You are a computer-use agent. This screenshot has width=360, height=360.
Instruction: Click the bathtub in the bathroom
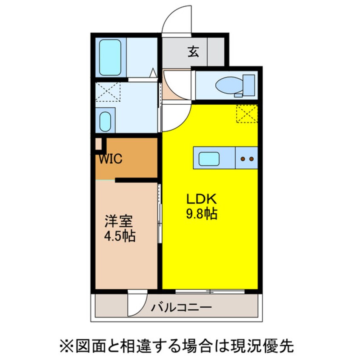(x=110, y=57)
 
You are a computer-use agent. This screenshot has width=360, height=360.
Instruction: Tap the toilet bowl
(x=229, y=86)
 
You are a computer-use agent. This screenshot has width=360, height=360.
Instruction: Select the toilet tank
(x=249, y=85)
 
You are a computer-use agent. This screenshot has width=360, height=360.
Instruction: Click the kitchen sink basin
(x=209, y=159)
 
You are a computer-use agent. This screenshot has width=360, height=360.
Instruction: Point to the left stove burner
(x=242, y=159)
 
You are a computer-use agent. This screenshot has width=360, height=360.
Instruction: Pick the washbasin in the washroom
(x=106, y=122)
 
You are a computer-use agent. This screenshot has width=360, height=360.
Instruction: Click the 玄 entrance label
(x=193, y=51)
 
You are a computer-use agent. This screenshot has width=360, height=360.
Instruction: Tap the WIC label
(x=111, y=159)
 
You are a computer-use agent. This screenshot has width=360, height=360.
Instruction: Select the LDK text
(x=201, y=199)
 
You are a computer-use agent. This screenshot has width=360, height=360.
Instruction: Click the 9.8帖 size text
(x=201, y=214)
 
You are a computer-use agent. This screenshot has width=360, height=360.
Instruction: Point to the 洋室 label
(x=119, y=221)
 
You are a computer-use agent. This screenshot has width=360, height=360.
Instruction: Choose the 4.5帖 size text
(x=120, y=236)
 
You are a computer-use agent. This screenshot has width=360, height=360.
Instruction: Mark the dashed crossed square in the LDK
(x=247, y=114)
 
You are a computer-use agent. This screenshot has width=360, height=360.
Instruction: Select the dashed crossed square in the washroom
(x=108, y=92)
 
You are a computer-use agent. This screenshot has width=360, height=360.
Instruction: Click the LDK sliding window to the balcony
(x=210, y=292)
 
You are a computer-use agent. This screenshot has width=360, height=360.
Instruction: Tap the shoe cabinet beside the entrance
(x=216, y=51)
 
